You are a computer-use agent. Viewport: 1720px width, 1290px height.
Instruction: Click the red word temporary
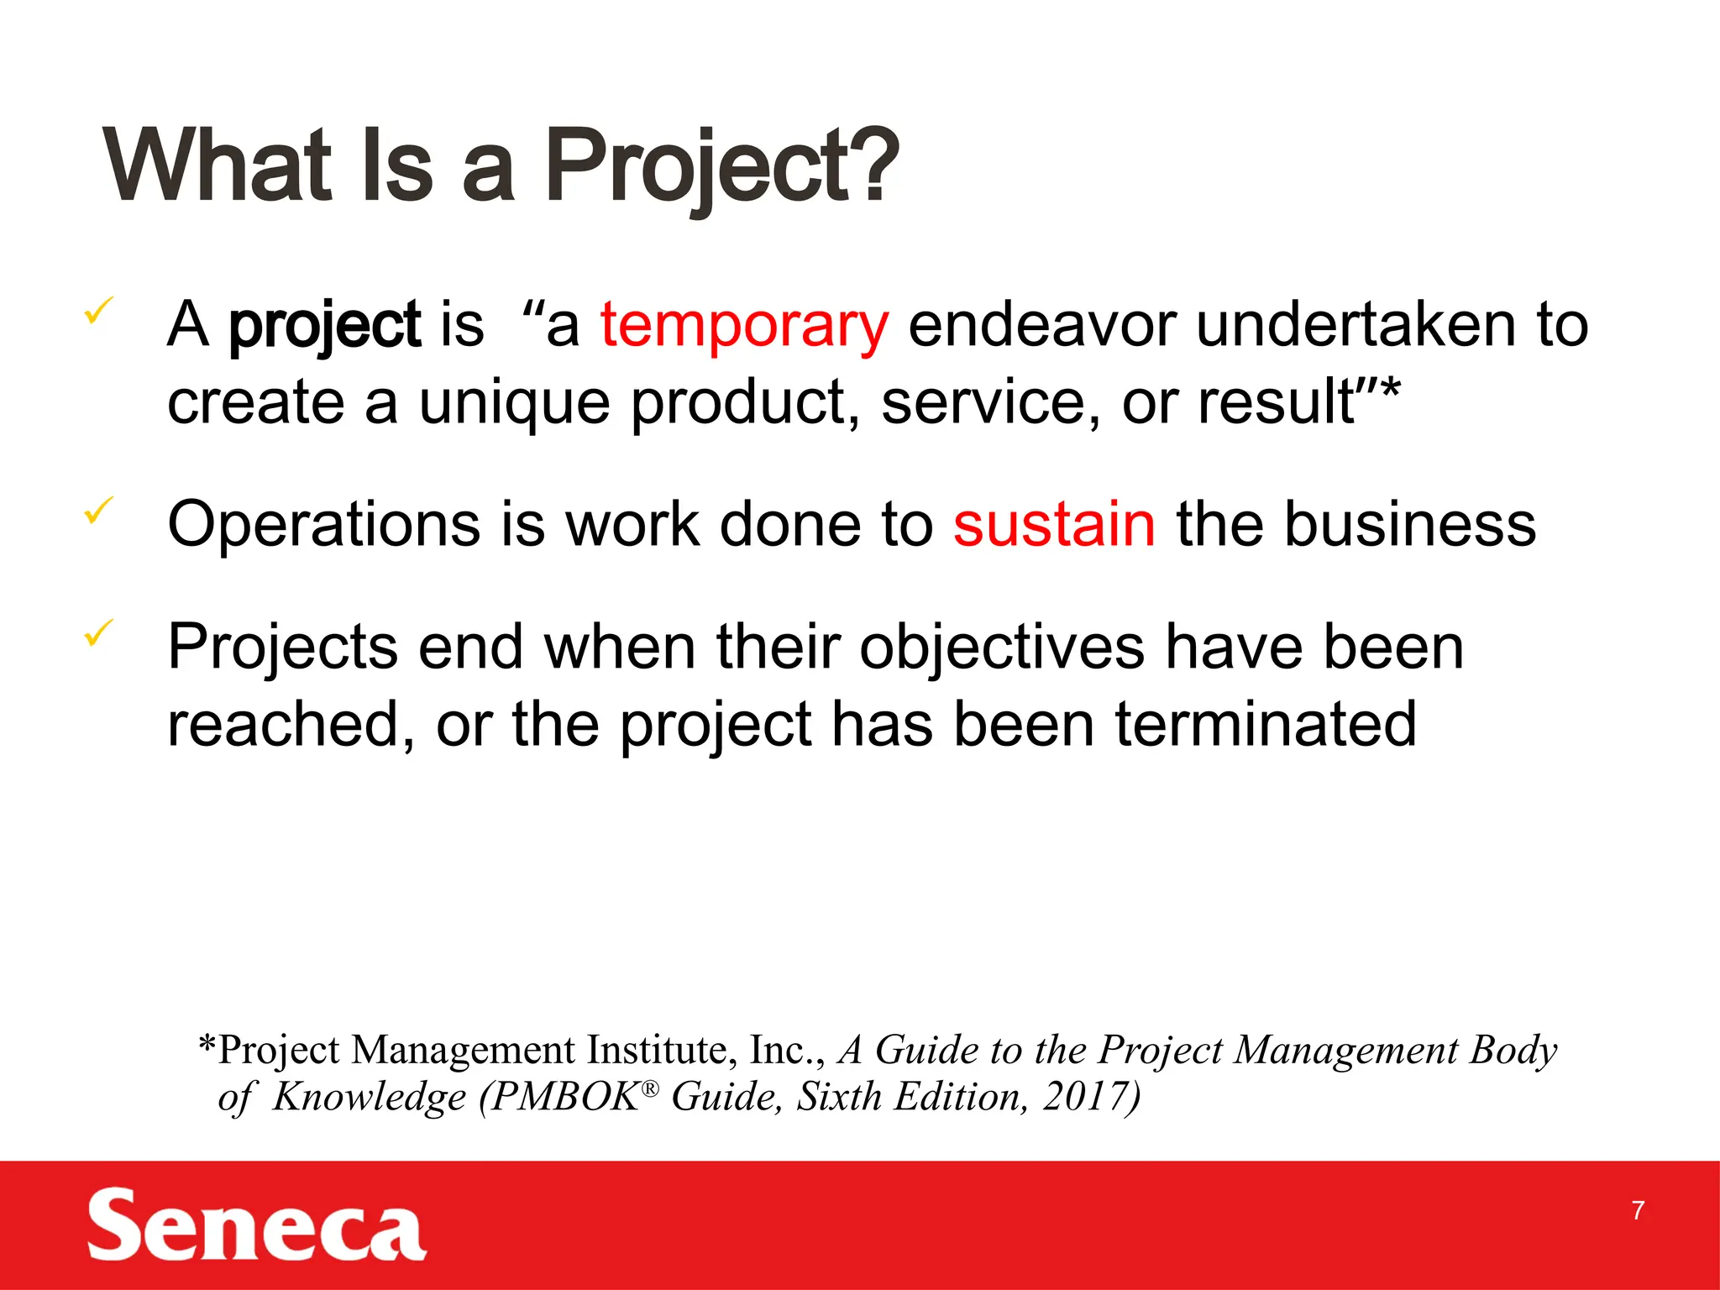pos(743,326)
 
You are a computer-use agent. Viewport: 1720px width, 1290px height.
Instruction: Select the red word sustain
pos(1054,525)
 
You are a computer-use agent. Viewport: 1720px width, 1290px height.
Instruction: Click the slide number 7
pos(1638,1210)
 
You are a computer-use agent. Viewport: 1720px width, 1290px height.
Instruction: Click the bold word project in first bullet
pos(324,326)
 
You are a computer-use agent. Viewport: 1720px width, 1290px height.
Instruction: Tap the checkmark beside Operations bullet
pos(99,510)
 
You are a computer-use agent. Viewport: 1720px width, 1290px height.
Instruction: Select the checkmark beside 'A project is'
pos(99,312)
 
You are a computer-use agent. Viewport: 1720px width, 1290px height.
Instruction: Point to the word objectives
pos(1002,648)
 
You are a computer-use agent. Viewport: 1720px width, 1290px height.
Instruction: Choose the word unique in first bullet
pos(514,403)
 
